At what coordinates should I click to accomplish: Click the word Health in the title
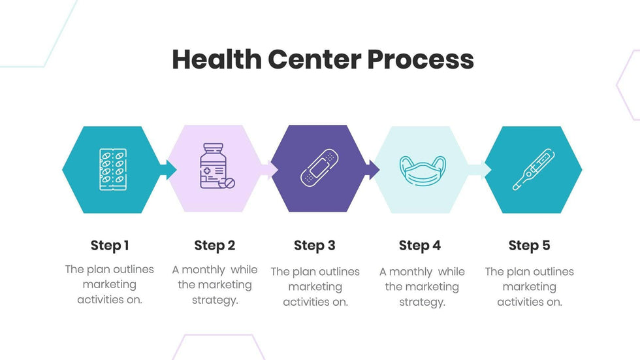[x=216, y=59]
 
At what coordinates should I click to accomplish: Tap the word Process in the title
[x=420, y=59]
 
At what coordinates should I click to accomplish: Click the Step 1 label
[x=110, y=246]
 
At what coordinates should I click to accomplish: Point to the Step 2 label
[x=214, y=246]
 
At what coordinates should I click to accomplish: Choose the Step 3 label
[x=315, y=246]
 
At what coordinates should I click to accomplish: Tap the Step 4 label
[x=420, y=246]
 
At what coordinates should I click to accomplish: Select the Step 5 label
[x=529, y=246]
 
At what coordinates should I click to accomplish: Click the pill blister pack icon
[x=112, y=170]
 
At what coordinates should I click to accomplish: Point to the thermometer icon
[x=533, y=170]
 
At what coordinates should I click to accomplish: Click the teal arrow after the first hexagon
[x=168, y=170]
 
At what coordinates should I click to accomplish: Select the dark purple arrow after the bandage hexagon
[x=372, y=170]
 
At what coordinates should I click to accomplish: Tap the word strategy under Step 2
[x=215, y=300]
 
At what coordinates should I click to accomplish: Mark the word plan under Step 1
[x=99, y=269]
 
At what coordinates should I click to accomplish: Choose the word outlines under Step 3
[x=339, y=272]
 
